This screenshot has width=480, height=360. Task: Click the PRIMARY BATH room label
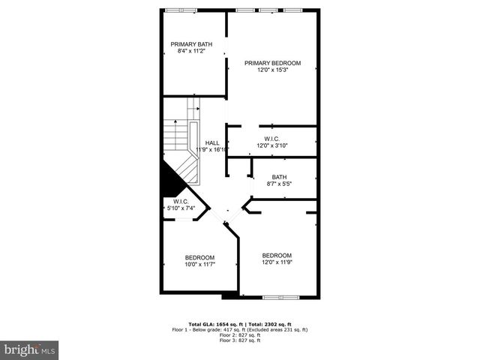click(190, 44)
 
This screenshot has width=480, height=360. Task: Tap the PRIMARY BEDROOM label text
click(272, 63)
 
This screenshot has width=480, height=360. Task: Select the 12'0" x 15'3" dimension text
click(272, 70)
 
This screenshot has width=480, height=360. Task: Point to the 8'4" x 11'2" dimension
click(190, 52)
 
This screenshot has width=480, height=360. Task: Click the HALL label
click(212, 142)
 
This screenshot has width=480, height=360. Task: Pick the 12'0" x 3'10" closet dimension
click(271, 145)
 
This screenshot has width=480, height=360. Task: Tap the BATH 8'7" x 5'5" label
click(279, 177)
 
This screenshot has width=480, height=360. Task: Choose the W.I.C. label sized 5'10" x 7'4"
click(180, 201)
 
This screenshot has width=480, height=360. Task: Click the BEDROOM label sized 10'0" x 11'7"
click(199, 257)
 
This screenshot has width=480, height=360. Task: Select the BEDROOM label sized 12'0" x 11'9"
click(277, 255)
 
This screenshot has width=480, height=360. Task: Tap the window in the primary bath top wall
click(181, 10)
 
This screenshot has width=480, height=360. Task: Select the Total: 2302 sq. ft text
click(277, 323)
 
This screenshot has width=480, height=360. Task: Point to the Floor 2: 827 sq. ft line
click(239, 335)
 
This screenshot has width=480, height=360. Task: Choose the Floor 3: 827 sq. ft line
click(239, 341)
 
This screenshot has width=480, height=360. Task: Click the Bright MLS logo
click(30, 349)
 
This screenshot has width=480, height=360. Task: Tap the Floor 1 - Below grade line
click(239, 329)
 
